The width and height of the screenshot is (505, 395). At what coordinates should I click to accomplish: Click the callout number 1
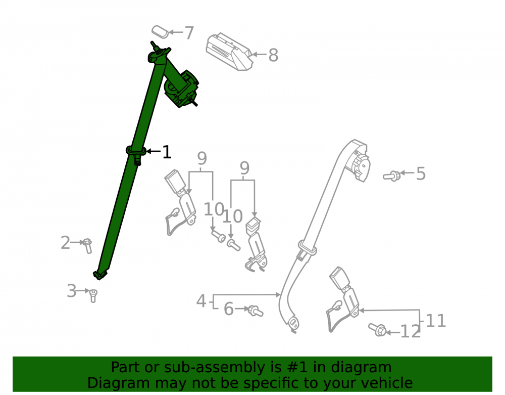167,152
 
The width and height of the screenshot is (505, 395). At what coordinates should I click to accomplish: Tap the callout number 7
189,32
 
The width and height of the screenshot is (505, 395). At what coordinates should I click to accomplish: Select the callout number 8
273,55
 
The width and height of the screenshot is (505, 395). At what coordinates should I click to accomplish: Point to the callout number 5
421,173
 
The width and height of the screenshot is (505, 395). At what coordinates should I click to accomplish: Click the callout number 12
410,331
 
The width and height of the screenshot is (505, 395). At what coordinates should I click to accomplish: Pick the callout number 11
436,321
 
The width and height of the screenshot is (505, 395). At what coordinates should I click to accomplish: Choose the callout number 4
201,301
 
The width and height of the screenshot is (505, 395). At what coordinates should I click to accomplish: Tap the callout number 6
229,309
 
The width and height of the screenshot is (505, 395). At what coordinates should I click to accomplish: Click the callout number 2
65,242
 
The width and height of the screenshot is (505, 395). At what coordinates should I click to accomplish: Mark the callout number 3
71,291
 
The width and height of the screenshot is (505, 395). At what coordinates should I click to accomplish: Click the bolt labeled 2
87,246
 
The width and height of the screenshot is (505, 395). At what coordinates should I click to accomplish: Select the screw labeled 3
93,295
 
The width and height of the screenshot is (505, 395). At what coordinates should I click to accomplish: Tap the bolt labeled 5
392,176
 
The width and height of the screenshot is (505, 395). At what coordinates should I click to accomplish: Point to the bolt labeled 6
256,311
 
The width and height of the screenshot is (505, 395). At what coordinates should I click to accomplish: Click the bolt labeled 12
377,330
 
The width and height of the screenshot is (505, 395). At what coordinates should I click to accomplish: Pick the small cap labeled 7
160,31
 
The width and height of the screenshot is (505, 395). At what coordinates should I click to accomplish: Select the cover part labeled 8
229,52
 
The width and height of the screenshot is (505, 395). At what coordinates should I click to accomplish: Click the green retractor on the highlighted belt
181,89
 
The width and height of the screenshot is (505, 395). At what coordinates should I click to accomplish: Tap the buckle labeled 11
343,298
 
